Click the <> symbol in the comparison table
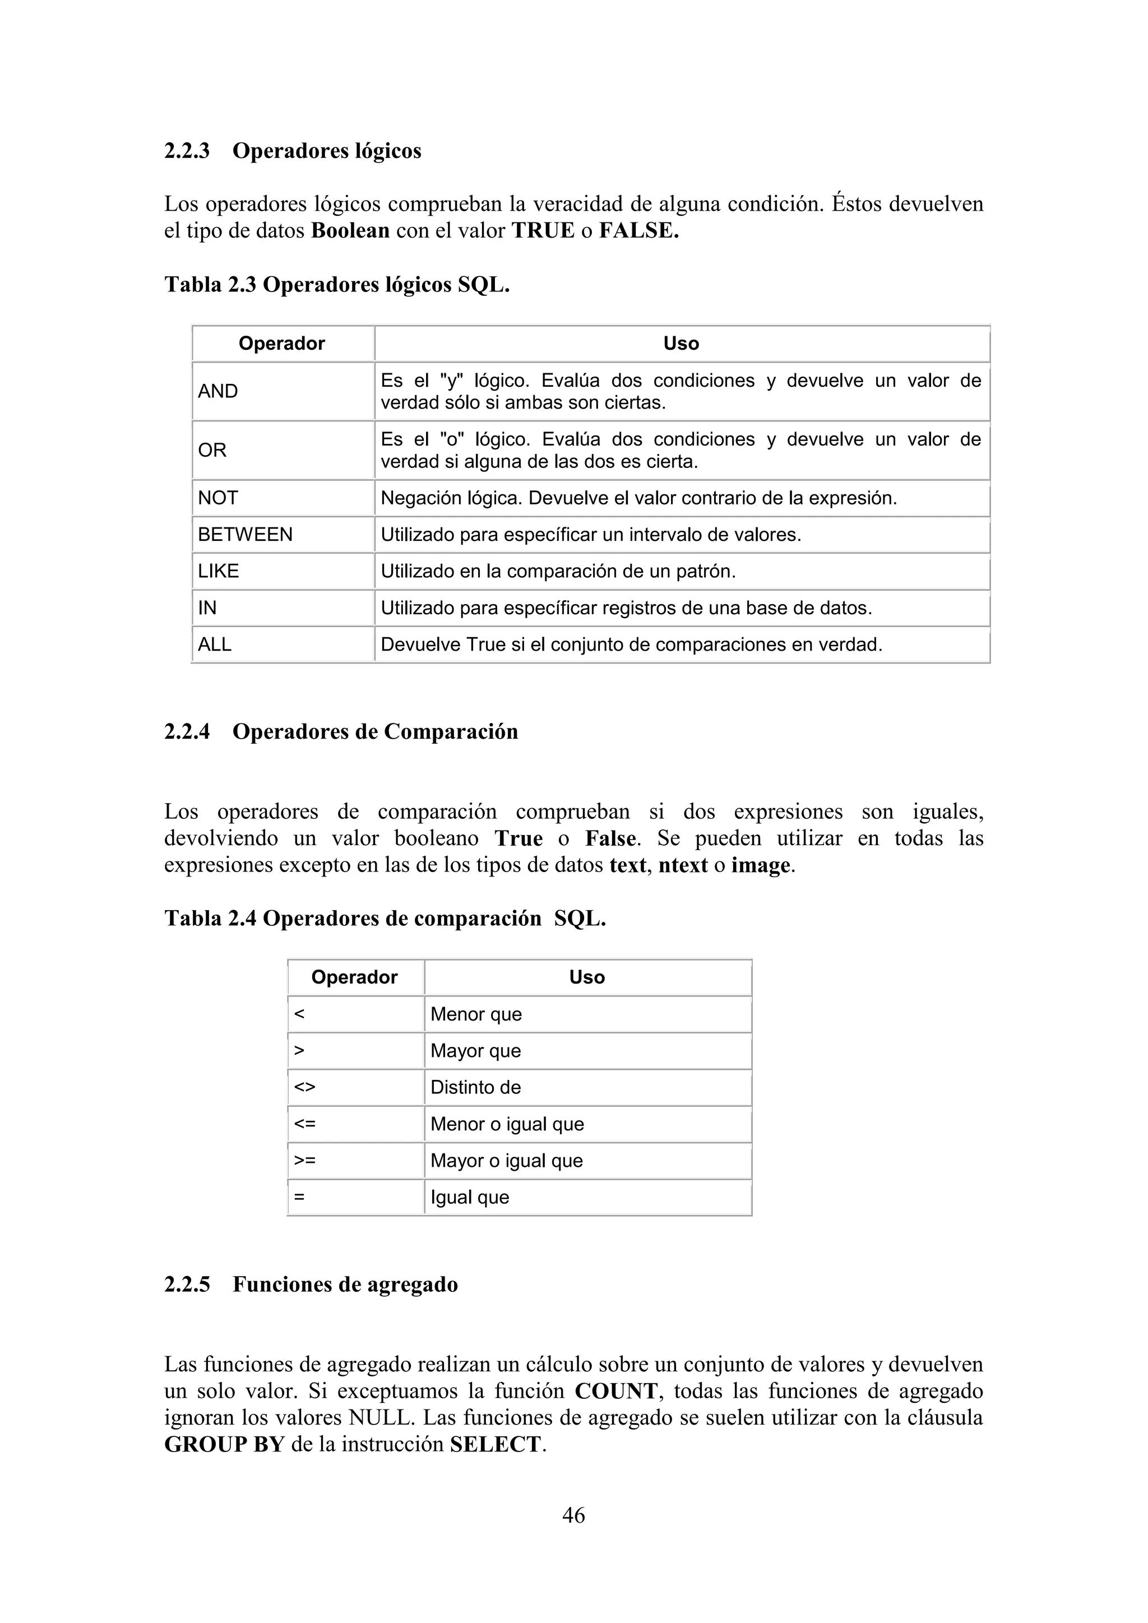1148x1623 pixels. [x=305, y=1087]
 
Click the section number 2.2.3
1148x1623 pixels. [x=187, y=151]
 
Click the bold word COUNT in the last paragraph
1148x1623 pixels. [x=615, y=1390]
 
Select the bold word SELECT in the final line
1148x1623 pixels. [x=495, y=1444]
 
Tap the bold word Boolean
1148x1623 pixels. [x=350, y=230]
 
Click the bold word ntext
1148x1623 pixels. [x=683, y=865]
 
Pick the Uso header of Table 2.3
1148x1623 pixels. [x=681, y=344]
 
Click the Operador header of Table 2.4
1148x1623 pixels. [x=354, y=977]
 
